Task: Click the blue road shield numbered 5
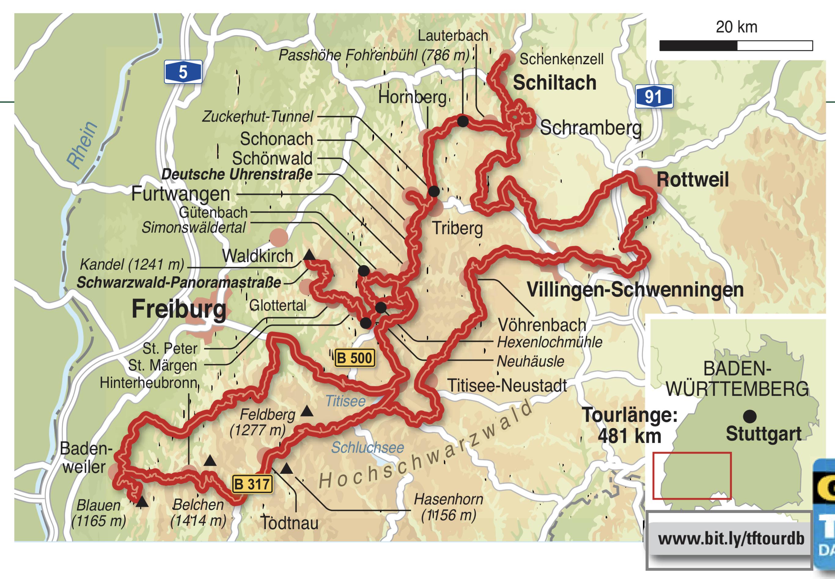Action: [183, 72]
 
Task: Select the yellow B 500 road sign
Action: [354, 358]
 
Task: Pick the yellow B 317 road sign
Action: [252, 484]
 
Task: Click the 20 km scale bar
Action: [736, 46]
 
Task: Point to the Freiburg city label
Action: [179, 309]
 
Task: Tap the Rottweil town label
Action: [692, 180]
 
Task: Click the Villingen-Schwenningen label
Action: [635, 290]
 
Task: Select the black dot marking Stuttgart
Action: [750, 416]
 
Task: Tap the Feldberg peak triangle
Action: [307, 411]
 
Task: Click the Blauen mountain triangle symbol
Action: [142, 502]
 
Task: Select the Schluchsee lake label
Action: [367, 448]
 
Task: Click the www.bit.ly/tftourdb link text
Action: [731, 539]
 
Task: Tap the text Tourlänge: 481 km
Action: [630, 425]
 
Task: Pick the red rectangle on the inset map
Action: [692, 475]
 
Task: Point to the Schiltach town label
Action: [554, 83]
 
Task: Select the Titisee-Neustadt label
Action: [507, 386]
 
